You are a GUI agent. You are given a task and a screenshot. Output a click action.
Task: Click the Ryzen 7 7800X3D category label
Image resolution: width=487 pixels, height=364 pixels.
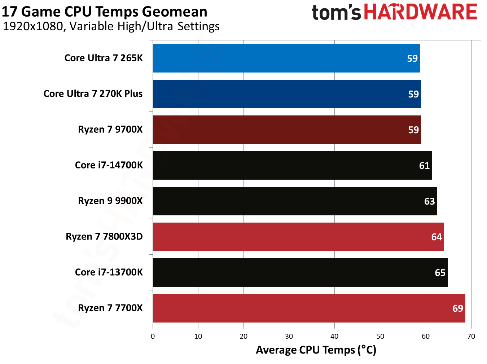[104, 237]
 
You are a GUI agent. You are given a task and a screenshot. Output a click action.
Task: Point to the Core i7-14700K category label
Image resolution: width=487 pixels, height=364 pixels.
[109, 165]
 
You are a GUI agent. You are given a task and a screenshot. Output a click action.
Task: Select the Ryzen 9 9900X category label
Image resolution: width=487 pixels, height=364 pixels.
[110, 201]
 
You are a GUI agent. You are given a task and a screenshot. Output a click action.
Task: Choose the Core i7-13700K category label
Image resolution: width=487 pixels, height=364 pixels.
[109, 272]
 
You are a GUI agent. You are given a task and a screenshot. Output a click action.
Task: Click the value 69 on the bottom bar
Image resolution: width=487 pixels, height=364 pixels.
[457, 308]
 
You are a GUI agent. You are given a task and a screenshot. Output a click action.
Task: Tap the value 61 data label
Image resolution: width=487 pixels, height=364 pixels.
[424, 166]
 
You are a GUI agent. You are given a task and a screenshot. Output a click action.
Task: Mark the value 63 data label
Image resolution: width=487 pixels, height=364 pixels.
[429, 201]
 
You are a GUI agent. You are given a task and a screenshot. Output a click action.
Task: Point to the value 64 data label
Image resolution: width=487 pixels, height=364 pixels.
[436, 237]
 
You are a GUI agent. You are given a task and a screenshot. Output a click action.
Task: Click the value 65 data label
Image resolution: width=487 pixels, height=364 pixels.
[440, 273]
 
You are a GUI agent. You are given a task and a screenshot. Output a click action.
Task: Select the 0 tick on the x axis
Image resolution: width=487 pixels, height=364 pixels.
[153, 337]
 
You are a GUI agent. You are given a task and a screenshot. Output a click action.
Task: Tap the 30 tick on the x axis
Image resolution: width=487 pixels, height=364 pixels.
[289, 337]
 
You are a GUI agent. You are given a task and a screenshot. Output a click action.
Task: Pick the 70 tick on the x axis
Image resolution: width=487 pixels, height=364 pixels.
[471, 337]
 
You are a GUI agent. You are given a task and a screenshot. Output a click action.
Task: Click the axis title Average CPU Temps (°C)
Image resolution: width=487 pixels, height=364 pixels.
[316, 350]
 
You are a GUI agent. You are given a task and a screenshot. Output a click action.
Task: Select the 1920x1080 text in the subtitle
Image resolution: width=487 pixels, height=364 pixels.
[33, 27]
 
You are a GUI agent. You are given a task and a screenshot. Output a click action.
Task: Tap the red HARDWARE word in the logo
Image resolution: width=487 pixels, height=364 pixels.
[420, 12]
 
